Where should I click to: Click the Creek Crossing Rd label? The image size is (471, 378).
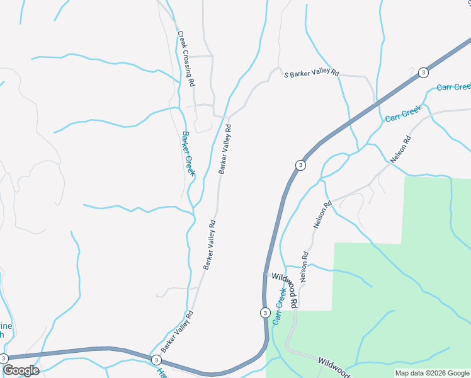pyautogui.click(x=186, y=59)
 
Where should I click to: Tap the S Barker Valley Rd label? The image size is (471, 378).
pyautogui.click(x=312, y=74)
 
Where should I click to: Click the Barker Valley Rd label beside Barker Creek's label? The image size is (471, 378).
pyautogui.click(x=225, y=148)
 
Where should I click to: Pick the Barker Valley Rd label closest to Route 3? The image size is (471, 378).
pyautogui.click(x=176, y=331)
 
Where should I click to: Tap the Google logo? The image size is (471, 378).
pyautogui.click(x=21, y=370)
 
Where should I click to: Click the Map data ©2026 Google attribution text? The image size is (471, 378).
pyautogui.click(x=433, y=373)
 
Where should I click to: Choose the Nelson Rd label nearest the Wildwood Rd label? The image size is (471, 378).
pyautogui.click(x=304, y=267)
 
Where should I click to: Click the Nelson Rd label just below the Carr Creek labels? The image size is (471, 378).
pyautogui.click(x=400, y=150)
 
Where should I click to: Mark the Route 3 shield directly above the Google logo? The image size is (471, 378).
pyautogui.click(x=4, y=358)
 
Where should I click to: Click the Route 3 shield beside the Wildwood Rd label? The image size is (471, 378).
pyautogui.click(x=265, y=312)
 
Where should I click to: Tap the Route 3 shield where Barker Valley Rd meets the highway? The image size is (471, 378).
pyautogui.click(x=156, y=360)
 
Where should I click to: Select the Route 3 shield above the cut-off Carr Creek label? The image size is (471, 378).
pyautogui.click(x=423, y=72)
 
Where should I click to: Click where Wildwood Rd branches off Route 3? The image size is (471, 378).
pyautogui.click(x=265, y=275)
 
